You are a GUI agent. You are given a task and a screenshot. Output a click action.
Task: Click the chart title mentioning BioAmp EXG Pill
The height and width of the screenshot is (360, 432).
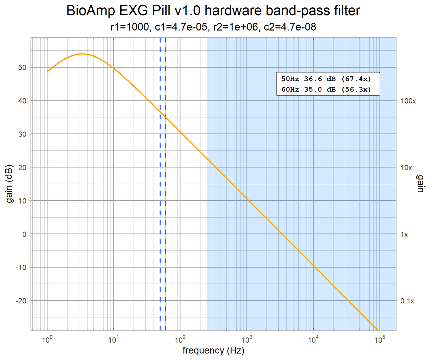point(213,11)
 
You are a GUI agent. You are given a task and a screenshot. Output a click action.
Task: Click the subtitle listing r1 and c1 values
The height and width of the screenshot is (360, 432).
point(213,27)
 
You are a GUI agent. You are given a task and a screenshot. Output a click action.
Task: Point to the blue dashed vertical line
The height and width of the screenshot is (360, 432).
point(160,211)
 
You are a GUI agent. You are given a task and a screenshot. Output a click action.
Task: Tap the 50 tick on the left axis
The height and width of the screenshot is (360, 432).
point(22,67)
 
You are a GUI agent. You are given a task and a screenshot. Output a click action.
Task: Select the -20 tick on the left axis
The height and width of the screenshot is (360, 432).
point(21,301)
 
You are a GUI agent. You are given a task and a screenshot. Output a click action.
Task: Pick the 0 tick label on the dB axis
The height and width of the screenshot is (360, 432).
point(24,234)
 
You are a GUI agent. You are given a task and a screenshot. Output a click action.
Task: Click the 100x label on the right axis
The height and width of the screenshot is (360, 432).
point(408,101)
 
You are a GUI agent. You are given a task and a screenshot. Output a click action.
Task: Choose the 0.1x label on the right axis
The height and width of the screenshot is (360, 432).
point(407,301)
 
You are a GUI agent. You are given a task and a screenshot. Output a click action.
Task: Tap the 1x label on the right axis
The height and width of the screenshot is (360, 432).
point(404,234)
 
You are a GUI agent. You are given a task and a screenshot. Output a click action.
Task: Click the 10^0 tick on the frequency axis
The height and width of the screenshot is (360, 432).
point(47,339)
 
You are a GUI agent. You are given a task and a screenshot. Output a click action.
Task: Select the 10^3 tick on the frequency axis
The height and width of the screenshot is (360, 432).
point(247,339)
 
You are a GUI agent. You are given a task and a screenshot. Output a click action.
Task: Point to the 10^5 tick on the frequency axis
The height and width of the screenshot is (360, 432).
point(380,339)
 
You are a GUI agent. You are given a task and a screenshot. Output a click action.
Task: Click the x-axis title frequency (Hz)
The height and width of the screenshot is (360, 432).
point(213,351)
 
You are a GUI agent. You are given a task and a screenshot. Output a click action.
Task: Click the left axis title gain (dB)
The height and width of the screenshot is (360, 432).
point(10,184)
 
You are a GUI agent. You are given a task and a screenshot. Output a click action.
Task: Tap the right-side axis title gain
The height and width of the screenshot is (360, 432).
point(420,184)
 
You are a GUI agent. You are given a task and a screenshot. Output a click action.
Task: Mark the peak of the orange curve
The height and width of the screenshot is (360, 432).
point(82,54)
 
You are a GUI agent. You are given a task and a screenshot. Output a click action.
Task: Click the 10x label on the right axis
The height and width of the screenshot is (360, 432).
point(406,168)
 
